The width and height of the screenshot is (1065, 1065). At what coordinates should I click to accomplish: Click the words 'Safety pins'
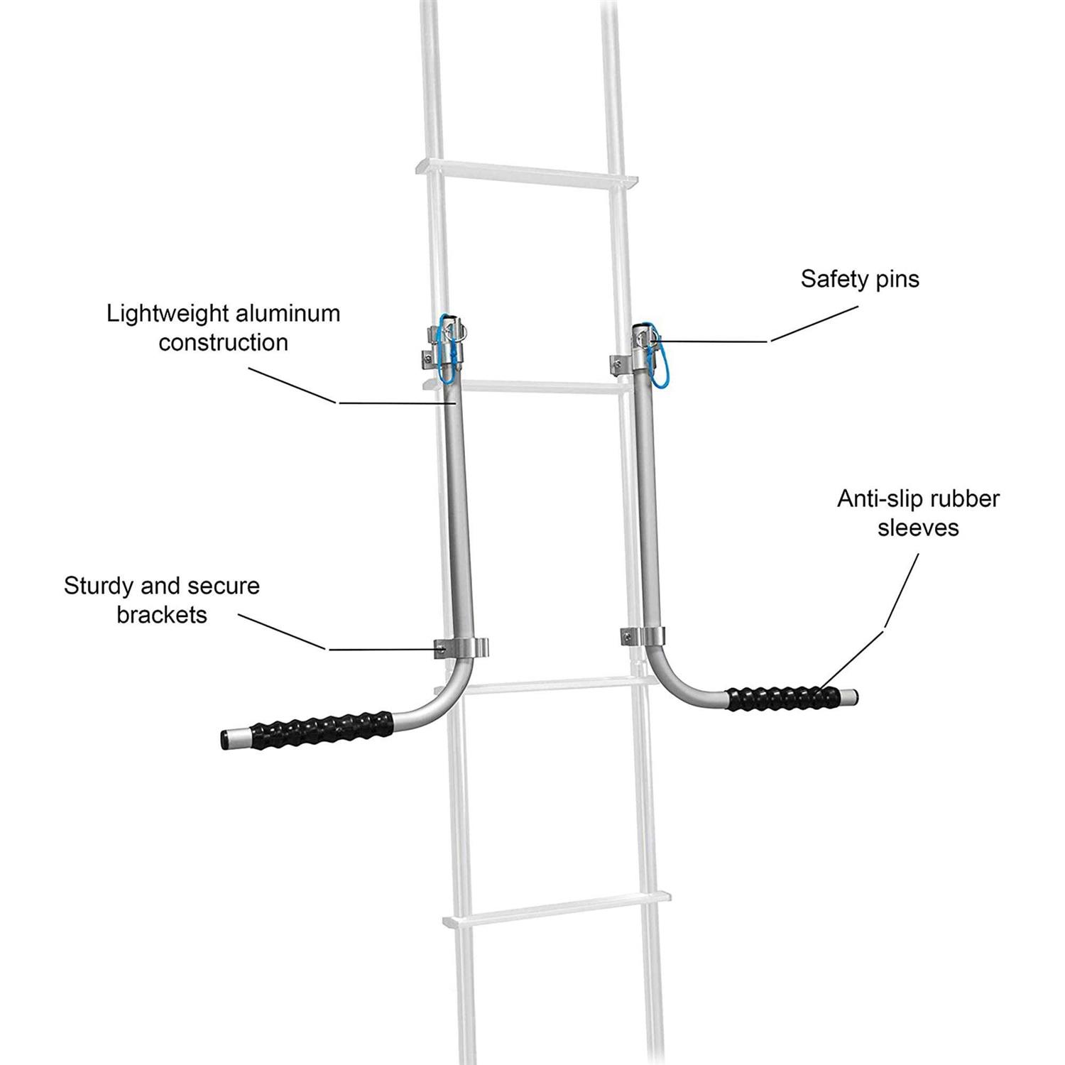click(859, 279)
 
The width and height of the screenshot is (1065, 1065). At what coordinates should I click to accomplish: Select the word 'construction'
click(223, 342)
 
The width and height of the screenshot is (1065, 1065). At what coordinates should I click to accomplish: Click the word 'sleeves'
click(918, 528)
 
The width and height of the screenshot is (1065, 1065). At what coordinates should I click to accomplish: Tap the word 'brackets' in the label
click(162, 615)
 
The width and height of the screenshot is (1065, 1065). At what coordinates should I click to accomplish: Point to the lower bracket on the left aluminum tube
click(461, 648)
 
